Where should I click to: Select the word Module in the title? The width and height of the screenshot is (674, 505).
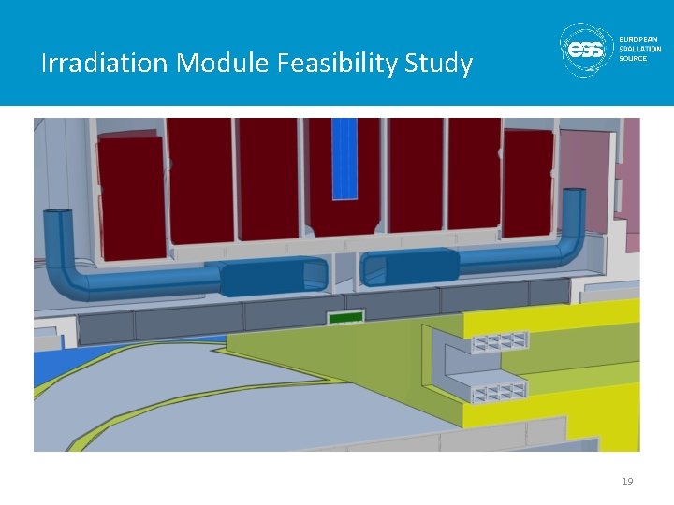(224, 64)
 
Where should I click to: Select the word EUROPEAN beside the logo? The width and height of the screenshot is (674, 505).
(639, 39)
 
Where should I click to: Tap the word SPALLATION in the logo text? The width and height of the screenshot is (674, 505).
(639, 49)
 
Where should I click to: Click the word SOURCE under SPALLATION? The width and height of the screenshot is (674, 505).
(633, 58)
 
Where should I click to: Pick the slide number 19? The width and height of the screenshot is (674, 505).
(627, 482)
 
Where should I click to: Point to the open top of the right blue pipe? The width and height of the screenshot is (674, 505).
(574, 193)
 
